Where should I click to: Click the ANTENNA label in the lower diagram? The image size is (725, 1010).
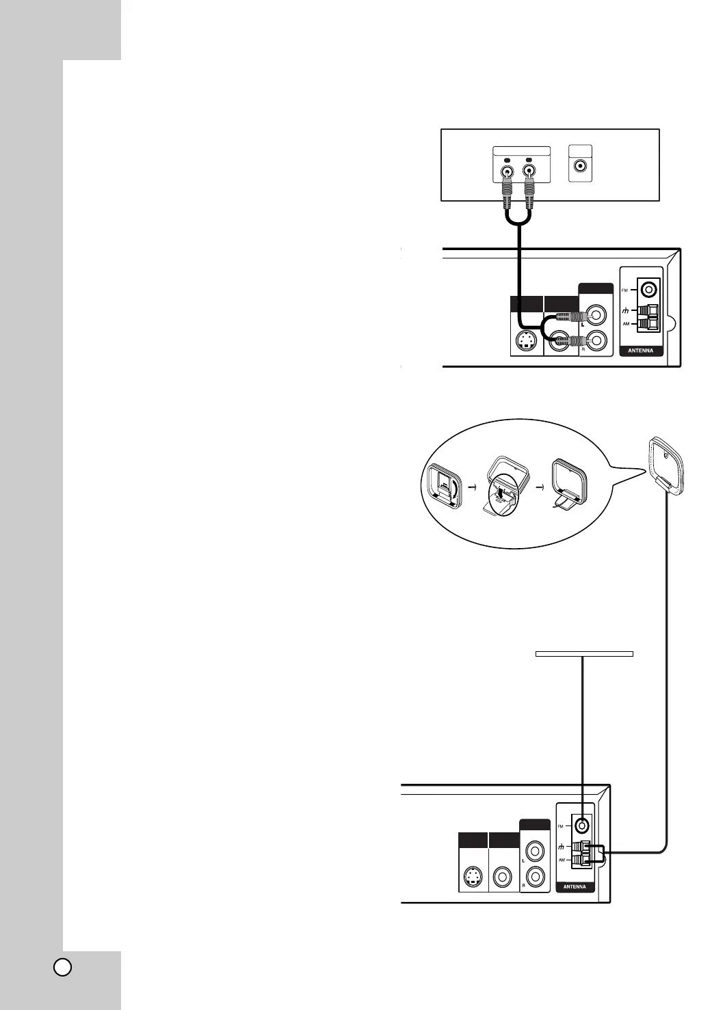point(575,887)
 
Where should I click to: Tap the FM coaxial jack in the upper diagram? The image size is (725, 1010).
point(647,290)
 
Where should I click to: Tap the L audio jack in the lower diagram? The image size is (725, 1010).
point(535,852)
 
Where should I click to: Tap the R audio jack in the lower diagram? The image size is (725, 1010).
point(535,875)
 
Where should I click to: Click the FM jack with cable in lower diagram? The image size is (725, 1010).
point(581,825)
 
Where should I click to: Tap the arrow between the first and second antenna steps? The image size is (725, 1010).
point(472,487)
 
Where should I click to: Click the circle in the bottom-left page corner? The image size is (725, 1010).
point(62,967)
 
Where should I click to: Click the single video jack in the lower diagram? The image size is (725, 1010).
point(503,876)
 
